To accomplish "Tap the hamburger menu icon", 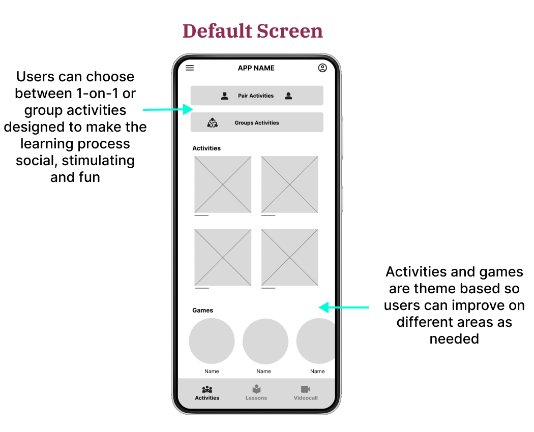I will (190, 68).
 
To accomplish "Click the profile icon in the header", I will (322, 68).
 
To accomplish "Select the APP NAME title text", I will (256, 68).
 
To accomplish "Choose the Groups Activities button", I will (257, 122).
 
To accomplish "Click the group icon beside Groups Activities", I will (213, 122).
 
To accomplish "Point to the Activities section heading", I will (206, 148).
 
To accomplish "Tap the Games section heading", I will (203, 310).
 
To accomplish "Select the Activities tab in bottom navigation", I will (207, 393).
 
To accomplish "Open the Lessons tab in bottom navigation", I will (256, 393).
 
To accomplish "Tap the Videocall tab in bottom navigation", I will (306, 393).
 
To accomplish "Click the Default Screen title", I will (253, 31).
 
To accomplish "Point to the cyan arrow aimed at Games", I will (344, 307).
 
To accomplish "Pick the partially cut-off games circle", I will (316, 341).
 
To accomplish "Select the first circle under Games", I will (212, 341).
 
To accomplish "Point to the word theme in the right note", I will (433, 289).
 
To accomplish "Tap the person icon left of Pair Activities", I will (225, 96).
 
